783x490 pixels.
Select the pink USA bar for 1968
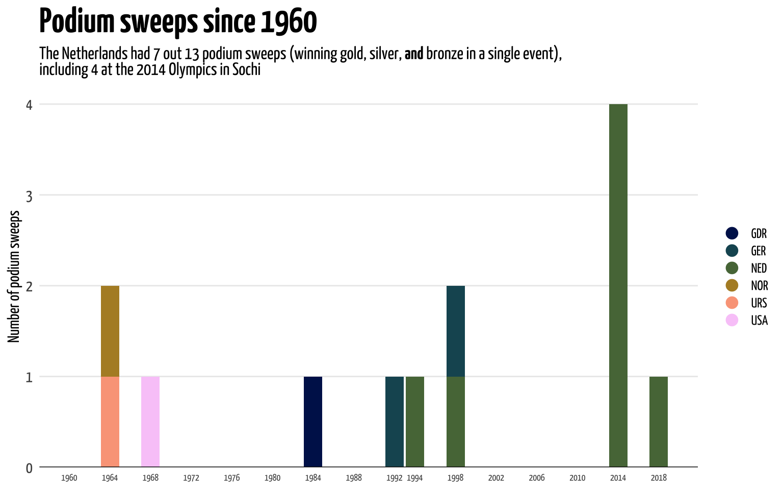(x=150, y=422)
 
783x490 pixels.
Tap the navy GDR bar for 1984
(x=313, y=422)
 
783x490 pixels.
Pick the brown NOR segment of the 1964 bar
(x=110, y=331)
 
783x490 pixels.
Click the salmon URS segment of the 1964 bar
(x=110, y=422)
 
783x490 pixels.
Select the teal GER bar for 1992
(x=394, y=422)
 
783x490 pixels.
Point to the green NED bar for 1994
(x=414, y=422)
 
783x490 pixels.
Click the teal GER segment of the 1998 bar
(x=455, y=331)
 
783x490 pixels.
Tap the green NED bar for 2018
(x=659, y=422)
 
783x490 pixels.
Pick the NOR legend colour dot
(x=732, y=285)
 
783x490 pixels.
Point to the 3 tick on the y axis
(x=29, y=195)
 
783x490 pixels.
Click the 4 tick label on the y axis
(x=29, y=105)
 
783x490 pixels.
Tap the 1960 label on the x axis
(x=69, y=478)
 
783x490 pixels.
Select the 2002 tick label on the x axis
(x=495, y=478)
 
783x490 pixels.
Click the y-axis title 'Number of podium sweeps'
(x=14, y=276)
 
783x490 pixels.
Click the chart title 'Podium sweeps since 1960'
(x=178, y=21)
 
